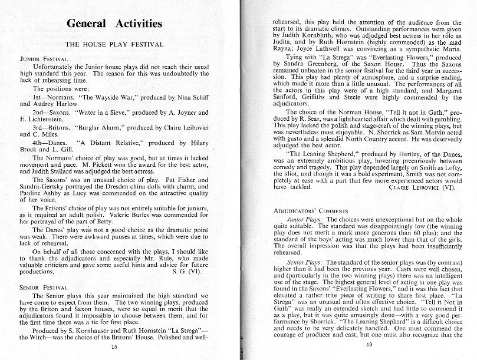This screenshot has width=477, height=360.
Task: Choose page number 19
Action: pos(368,345)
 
